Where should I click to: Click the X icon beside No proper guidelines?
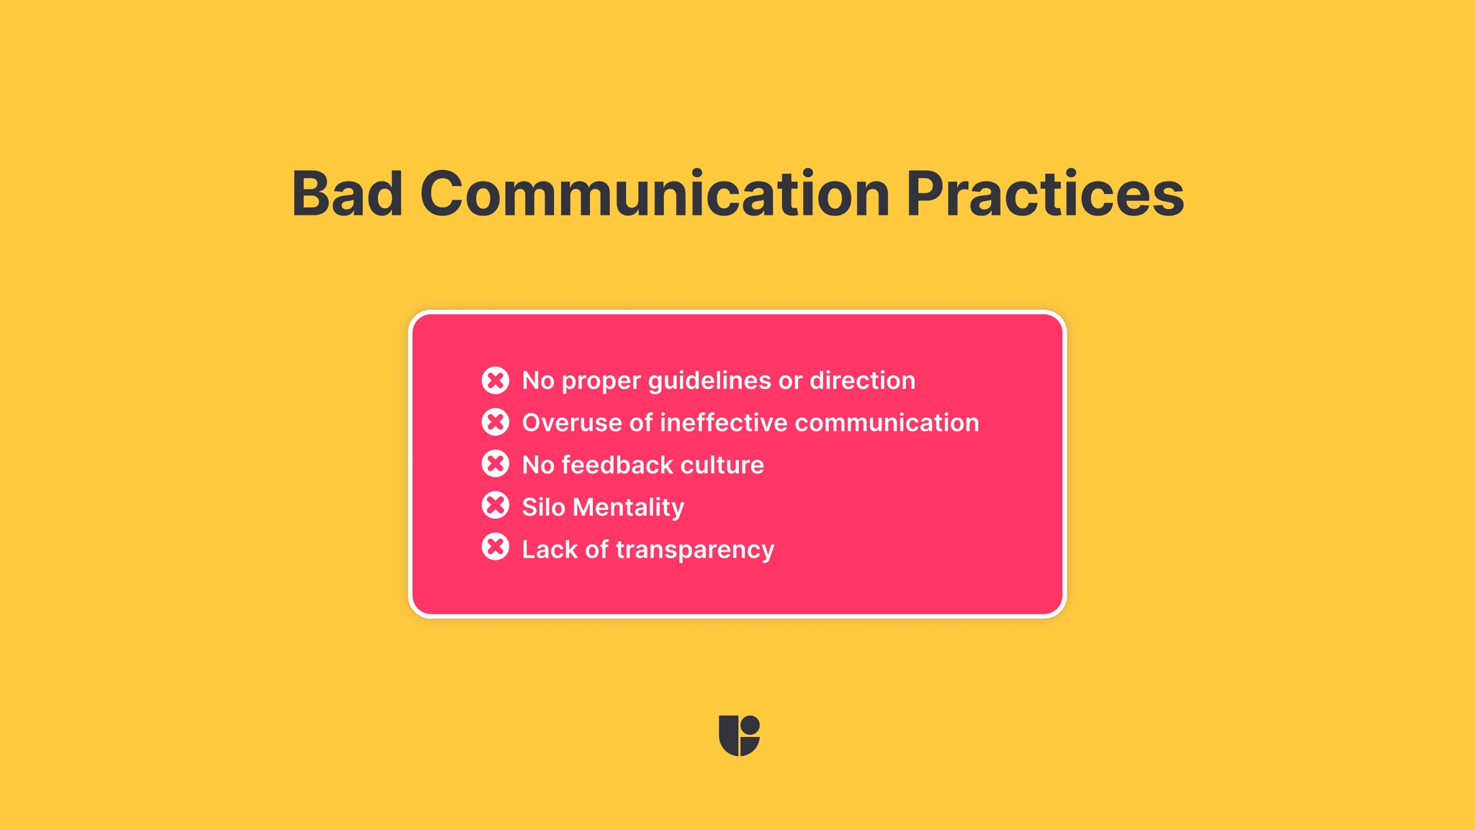(x=496, y=380)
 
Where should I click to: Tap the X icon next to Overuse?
(x=496, y=422)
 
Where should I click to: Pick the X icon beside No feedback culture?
(x=496, y=464)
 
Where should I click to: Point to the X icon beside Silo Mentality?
(x=496, y=506)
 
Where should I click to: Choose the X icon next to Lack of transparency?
(x=496, y=548)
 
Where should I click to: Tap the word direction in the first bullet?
(x=862, y=380)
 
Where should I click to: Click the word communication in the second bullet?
(x=887, y=423)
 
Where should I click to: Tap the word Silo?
(x=543, y=507)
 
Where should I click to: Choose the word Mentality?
(x=628, y=507)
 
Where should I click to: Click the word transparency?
(x=695, y=550)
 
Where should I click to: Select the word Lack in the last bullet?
(x=550, y=549)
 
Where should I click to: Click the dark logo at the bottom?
(x=739, y=736)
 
